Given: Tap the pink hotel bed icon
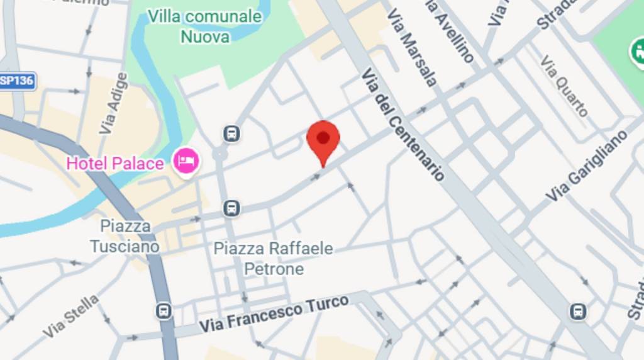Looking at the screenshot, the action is pos(186,160).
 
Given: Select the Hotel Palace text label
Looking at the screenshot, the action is pos(115,164).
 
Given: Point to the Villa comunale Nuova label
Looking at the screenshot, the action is pos(205,26).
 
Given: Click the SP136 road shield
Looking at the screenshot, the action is pos(16,81).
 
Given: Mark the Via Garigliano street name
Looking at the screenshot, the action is pos(587,166).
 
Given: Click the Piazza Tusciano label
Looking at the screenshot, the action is pos(125,236).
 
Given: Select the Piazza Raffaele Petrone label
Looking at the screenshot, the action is pos(274,259).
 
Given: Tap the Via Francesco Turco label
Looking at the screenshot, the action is pos(274,315).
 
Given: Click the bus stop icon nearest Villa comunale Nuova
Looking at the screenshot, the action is pos(231,133).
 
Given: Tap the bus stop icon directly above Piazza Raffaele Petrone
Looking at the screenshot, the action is pos(231,208).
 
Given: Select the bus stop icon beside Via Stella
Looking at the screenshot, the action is pos(164,311).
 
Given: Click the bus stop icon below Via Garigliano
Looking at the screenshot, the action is pos(577,311).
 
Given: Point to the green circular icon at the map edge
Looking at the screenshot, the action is pos(638,50).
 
